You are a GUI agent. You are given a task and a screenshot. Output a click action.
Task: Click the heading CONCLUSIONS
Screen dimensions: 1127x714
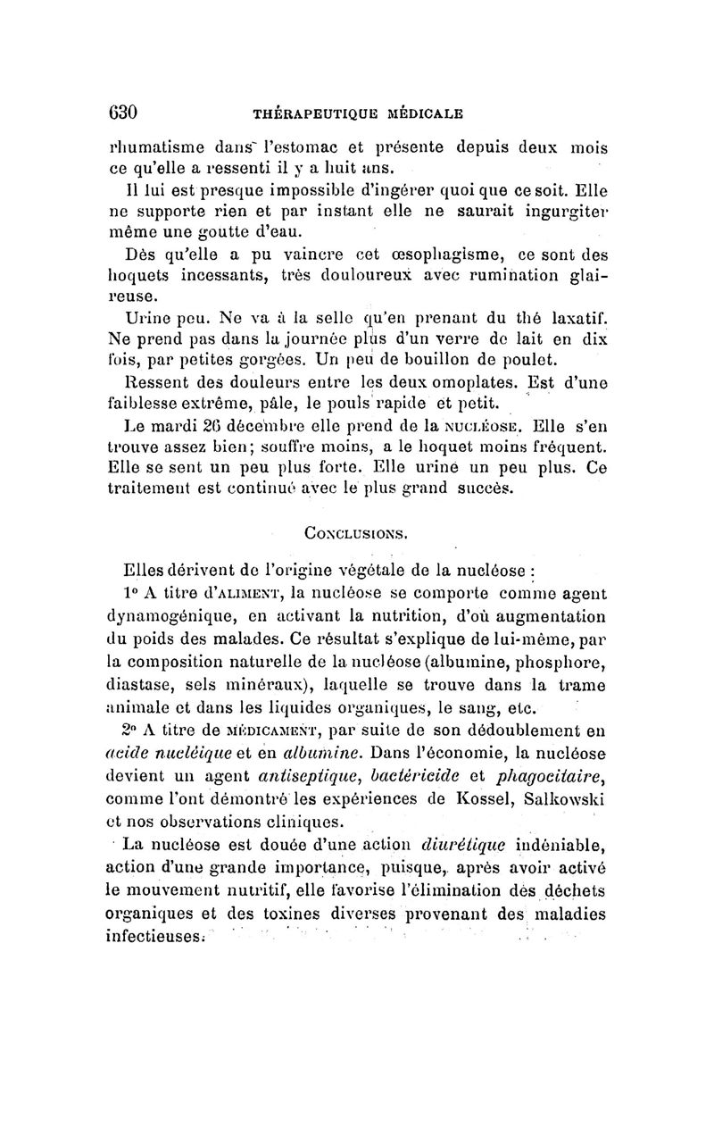356,534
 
